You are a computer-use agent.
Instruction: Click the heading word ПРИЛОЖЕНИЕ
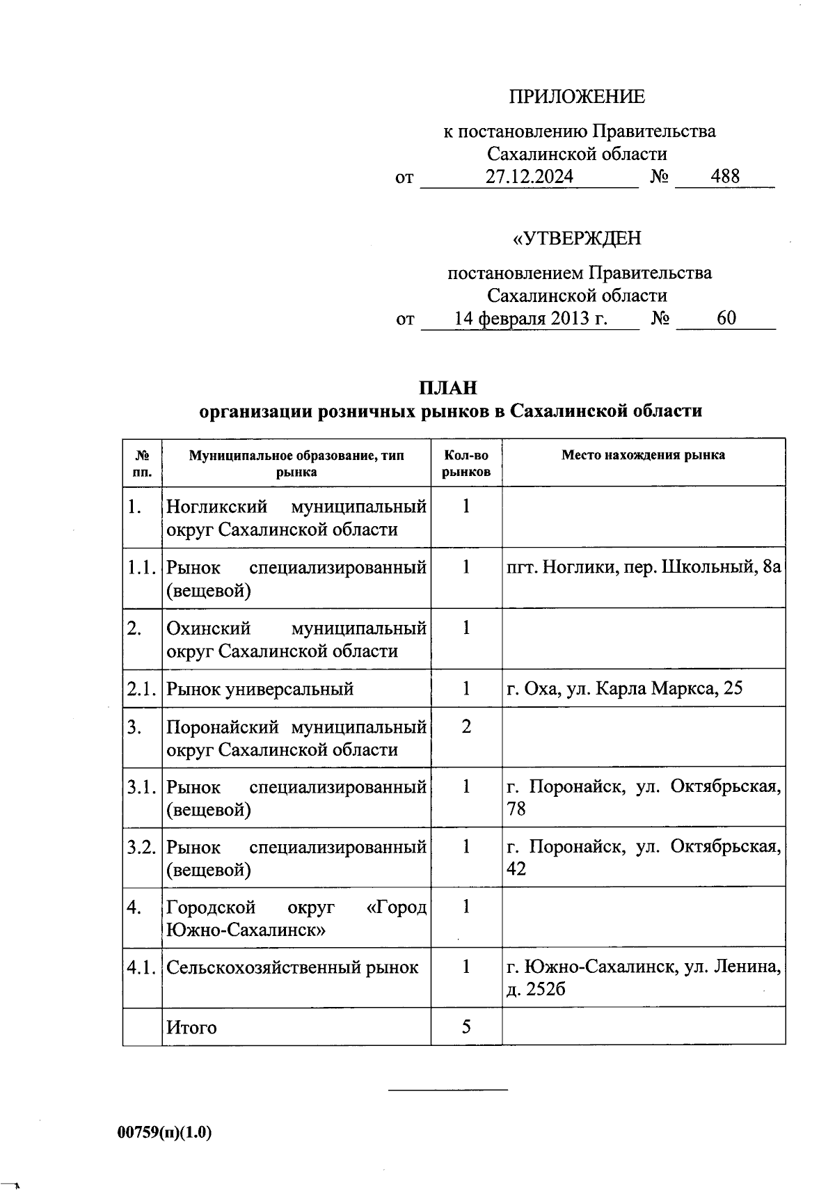point(577,97)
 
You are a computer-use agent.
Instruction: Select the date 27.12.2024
point(530,177)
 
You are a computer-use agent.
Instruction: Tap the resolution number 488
point(725,177)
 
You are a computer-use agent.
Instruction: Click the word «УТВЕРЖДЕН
point(577,239)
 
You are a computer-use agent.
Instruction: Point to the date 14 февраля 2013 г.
point(531,319)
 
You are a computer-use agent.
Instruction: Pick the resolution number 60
point(726,319)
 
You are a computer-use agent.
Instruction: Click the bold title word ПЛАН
point(448,388)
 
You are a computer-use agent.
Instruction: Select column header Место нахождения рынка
point(643,455)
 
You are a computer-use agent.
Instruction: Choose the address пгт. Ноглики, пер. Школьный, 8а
point(644,567)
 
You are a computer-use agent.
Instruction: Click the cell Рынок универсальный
point(260,689)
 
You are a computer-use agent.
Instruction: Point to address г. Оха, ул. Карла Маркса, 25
point(624,689)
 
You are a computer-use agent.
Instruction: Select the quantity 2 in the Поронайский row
point(466,727)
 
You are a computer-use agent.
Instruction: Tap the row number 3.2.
point(141,848)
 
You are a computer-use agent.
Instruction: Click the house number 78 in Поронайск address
point(516,809)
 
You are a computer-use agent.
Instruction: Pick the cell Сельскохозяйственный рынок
point(292,967)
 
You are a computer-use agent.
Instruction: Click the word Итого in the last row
point(191,1028)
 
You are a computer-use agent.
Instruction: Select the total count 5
point(466,1027)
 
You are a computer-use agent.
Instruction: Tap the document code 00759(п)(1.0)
point(165,1133)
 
